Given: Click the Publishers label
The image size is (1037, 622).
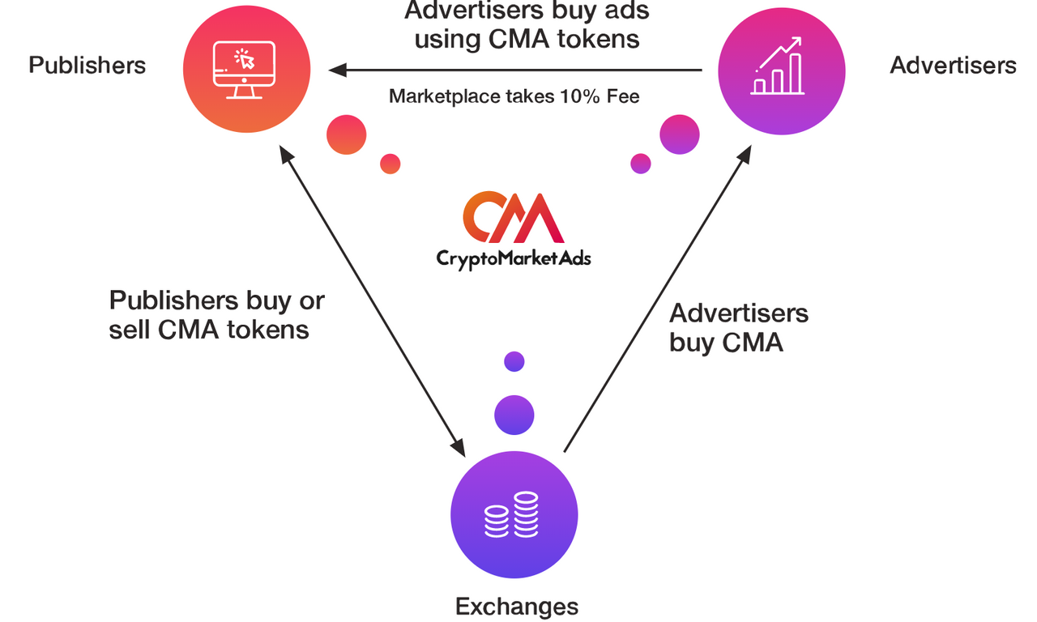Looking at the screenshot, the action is click(87, 66).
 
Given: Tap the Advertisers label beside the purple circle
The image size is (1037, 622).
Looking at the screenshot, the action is click(953, 66).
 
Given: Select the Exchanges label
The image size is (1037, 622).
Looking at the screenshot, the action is click(517, 607).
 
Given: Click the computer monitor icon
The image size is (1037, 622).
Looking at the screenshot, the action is click(244, 70).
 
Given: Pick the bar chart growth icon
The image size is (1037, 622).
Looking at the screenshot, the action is click(778, 66).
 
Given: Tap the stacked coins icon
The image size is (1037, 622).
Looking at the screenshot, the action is click(511, 514).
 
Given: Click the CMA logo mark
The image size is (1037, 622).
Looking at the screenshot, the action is click(513, 217).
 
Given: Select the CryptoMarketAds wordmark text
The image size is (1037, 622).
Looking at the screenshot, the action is click(514, 258).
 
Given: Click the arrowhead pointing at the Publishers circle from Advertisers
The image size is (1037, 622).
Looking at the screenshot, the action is click(337, 70).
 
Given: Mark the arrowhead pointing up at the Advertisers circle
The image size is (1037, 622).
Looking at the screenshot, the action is click(745, 154).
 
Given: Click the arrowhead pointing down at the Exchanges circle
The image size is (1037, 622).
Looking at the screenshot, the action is click(459, 448).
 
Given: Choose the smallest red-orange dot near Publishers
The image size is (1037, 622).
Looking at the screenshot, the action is click(390, 164).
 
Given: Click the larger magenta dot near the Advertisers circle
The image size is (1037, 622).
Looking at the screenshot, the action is click(680, 134).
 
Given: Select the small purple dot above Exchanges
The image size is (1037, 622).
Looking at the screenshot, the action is click(514, 361).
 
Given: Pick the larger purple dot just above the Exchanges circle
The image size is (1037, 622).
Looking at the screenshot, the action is click(514, 415).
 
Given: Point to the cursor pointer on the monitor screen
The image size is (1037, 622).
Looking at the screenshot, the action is click(247, 61).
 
